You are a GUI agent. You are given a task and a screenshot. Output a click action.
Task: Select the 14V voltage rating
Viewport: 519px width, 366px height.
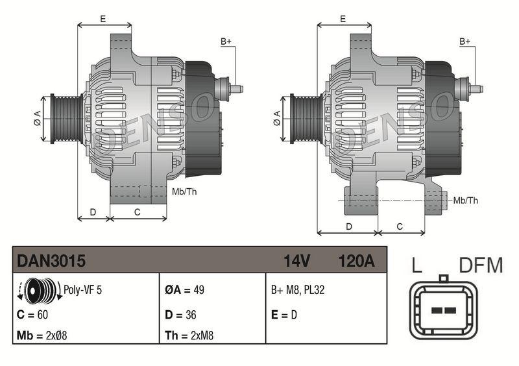click(297, 261)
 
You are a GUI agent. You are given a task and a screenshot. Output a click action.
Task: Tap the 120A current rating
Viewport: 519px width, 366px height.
click(356, 261)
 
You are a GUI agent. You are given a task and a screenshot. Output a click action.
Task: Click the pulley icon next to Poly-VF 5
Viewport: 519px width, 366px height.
click(38, 290)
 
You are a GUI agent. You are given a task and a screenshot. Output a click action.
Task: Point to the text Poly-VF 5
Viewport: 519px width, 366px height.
click(82, 290)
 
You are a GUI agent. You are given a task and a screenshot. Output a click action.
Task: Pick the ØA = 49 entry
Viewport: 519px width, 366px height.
click(184, 290)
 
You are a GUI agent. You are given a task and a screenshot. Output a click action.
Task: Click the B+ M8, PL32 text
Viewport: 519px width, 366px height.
click(298, 290)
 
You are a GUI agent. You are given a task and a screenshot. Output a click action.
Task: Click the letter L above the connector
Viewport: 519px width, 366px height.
click(418, 265)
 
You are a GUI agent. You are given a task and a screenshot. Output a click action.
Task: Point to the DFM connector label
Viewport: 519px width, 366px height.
click(481, 265)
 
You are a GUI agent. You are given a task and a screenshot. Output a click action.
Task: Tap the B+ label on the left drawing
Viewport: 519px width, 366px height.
click(226, 42)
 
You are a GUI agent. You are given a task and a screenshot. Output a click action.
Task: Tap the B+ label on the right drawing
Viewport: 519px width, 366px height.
click(465, 42)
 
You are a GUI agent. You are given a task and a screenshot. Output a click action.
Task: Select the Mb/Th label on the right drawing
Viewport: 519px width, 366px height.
click(465, 201)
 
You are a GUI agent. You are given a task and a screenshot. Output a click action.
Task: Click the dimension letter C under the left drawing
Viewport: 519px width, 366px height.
click(137, 212)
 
